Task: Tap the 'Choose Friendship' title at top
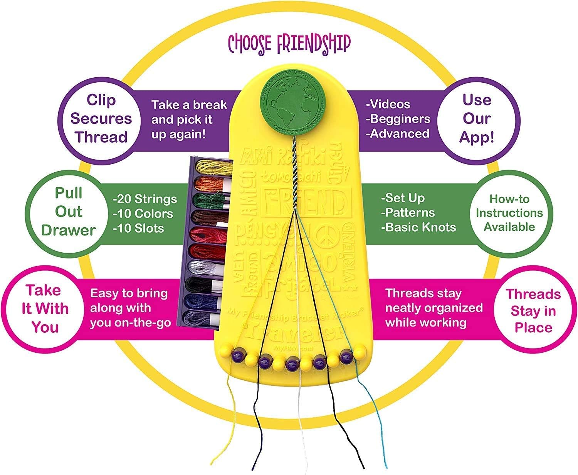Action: [x=289, y=43]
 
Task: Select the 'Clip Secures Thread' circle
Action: [x=101, y=118]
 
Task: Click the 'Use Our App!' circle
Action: [x=477, y=118]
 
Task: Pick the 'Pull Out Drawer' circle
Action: [x=68, y=212]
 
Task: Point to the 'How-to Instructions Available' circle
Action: [x=509, y=213]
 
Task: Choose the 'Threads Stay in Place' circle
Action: [x=533, y=311]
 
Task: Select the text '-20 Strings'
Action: [x=145, y=199]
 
